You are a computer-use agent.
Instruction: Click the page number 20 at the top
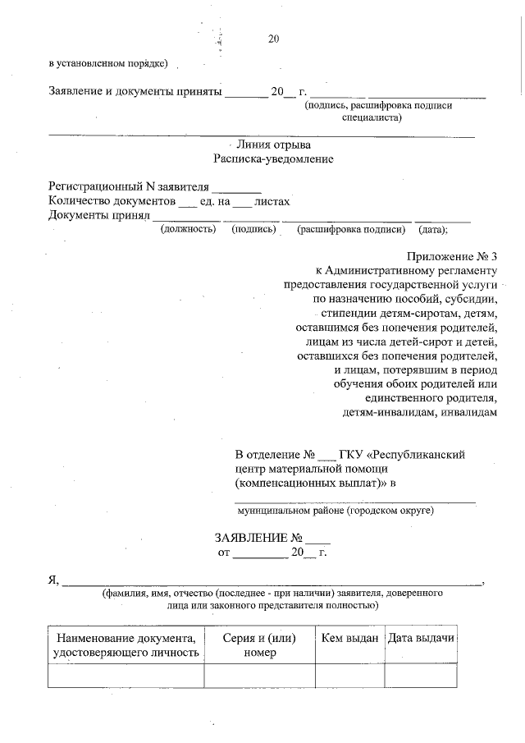point(274,39)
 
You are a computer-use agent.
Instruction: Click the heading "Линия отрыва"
point(273,144)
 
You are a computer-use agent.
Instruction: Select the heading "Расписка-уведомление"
point(273,158)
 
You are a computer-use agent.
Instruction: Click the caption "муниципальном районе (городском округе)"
point(336,511)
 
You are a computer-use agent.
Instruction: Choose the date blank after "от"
point(260,553)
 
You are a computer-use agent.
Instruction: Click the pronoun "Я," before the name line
point(55,580)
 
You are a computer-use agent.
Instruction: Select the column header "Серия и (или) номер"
point(259,645)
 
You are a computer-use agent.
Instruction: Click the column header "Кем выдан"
point(349,638)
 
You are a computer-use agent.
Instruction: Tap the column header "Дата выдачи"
point(421,638)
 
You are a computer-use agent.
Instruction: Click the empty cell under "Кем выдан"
point(349,675)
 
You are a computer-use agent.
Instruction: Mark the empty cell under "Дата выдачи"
point(421,675)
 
